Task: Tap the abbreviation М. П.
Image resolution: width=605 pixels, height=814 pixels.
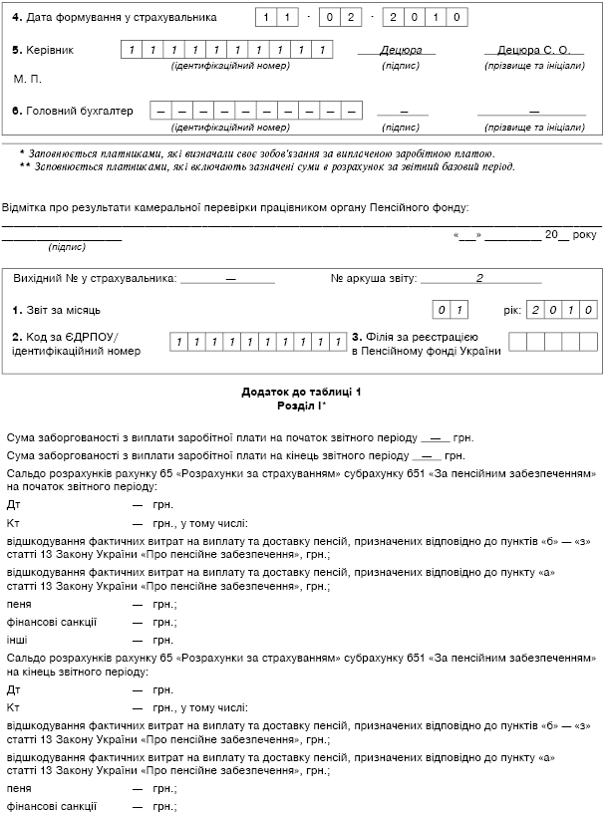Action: [x=28, y=78]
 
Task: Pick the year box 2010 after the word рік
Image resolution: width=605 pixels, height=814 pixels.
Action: [x=561, y=310]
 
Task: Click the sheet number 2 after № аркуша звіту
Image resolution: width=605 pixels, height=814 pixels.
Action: [x=478, y=278]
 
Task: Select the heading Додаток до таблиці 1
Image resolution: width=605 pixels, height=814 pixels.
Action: [x=301, y=392]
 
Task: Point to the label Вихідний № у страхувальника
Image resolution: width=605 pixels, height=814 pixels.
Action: [x=96, y=278]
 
